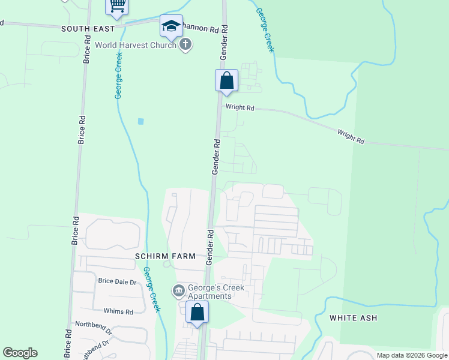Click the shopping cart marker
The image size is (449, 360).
pos(117,6)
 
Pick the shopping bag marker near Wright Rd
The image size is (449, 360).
pos(227,80)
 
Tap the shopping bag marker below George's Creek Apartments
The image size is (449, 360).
pos(197,312)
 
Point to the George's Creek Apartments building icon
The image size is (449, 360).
pos(178,292)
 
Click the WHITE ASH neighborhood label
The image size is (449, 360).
pos(354,318)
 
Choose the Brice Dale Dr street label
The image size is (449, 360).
pos(118,281)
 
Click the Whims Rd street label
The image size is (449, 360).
pos(118,311)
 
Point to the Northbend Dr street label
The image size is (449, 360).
pos(93,328)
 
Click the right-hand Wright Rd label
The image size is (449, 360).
pos(351,136)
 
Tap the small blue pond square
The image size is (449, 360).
pos(141,121)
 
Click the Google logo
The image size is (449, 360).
pos(20,353)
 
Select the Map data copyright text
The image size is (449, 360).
pos(411,355)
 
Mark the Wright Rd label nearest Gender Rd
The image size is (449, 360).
pos(240,108)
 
